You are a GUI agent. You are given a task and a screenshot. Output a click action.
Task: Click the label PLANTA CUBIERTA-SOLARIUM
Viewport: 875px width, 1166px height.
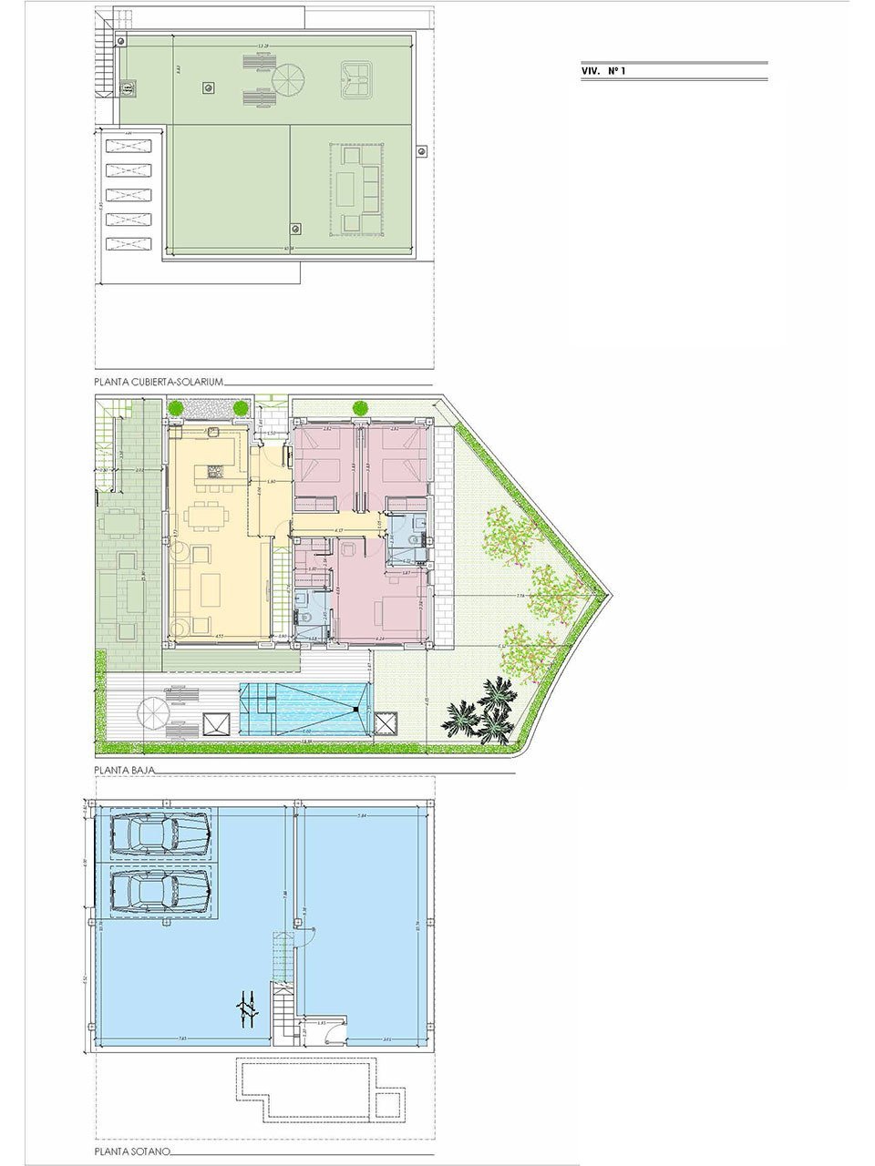point(158,383)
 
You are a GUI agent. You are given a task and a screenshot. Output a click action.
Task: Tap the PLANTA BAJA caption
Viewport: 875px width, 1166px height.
point(125,769)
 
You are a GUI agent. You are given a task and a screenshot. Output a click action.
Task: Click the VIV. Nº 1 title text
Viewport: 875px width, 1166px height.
point(603,70)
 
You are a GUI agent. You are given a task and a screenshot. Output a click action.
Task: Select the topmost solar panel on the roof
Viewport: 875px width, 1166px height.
point(128,145)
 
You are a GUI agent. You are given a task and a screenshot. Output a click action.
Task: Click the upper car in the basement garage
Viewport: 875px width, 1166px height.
point(159,833)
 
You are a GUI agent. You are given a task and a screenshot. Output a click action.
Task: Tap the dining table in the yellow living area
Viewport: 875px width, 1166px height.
point(209,517)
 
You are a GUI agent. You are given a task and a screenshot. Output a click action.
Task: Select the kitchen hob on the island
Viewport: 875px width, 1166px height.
point(215,472)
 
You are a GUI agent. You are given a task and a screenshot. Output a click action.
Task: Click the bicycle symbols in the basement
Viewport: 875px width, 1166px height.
point(245,1007)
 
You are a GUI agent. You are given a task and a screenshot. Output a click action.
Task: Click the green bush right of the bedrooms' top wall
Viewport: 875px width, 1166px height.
point(360,407)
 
